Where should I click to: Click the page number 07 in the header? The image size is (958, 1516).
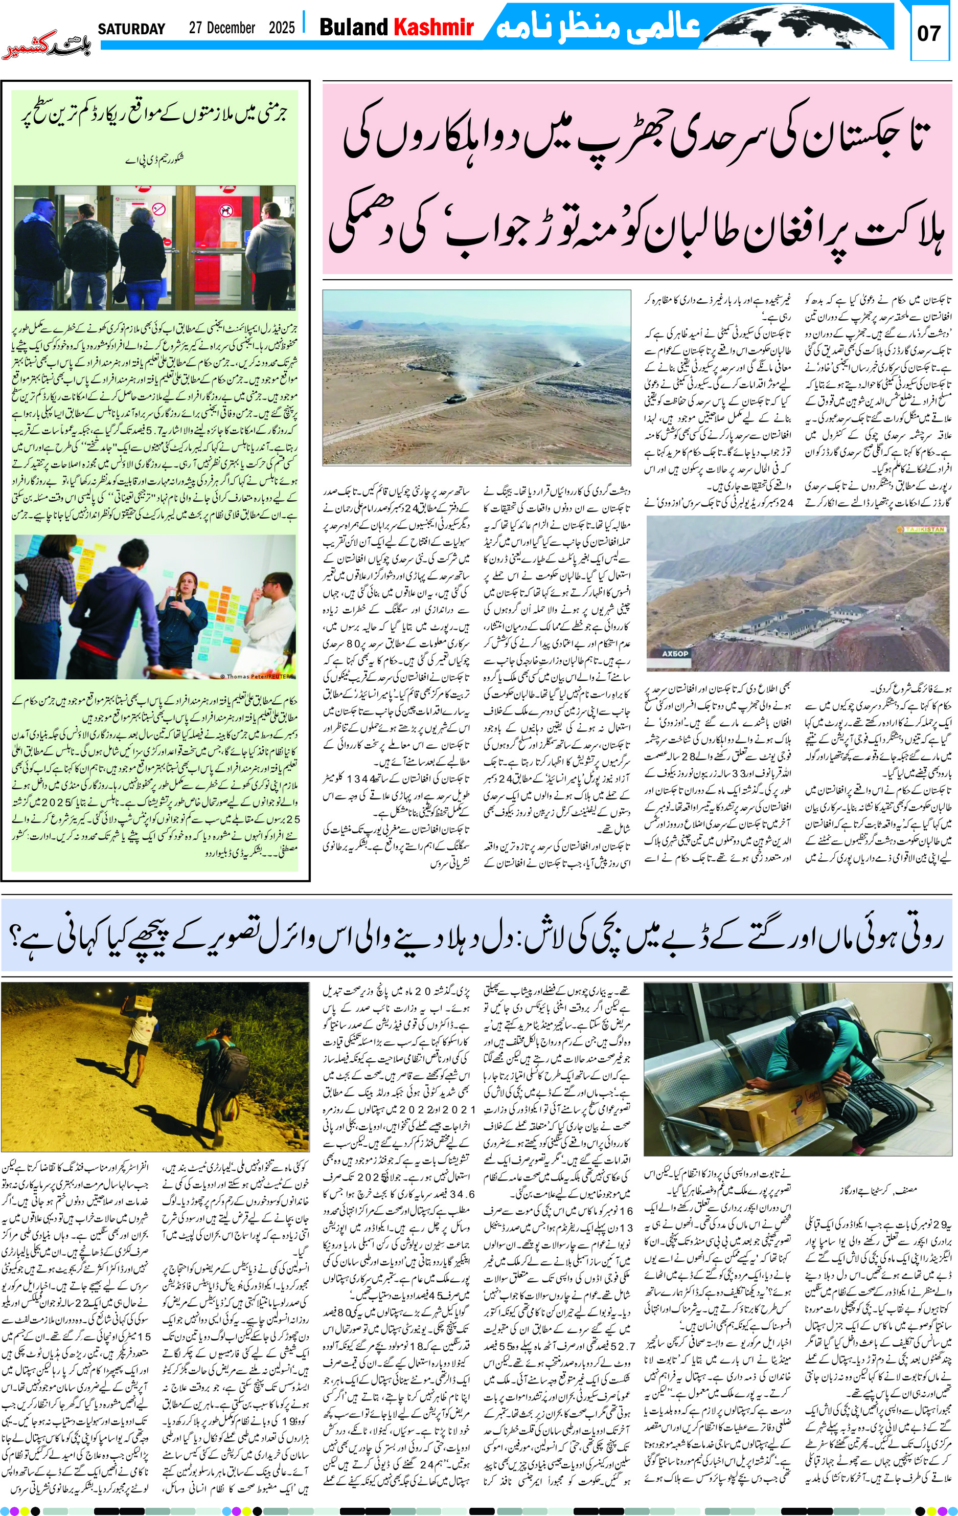click(928, 33)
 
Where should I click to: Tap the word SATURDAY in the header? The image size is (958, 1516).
click(131, 29)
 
